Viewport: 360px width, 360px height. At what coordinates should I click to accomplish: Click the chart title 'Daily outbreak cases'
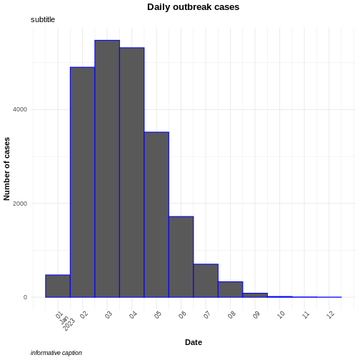(193, 7)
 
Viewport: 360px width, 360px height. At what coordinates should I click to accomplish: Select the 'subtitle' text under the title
(43, 19)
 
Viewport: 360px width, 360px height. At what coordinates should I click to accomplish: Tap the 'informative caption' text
(56, 353)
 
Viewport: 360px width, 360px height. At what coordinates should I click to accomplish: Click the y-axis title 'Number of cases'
(7, 169)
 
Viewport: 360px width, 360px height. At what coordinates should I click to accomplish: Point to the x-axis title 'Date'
(193, 342)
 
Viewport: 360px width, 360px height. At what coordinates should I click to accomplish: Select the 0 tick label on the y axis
(25, 297)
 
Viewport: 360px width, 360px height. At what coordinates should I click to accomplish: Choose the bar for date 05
(156, 214)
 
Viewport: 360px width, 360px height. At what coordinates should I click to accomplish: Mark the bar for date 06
(181, 257)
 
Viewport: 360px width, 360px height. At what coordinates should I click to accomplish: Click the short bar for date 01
(58, 286)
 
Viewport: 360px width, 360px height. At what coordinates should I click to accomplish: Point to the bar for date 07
(206, 281)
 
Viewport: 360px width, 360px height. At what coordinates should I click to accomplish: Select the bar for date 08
(230, 289)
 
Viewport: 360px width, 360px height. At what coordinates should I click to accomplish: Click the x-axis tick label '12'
(330, 314)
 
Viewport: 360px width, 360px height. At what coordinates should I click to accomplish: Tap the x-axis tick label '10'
(281, 314)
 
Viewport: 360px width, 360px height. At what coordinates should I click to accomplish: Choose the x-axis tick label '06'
(182, 314)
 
